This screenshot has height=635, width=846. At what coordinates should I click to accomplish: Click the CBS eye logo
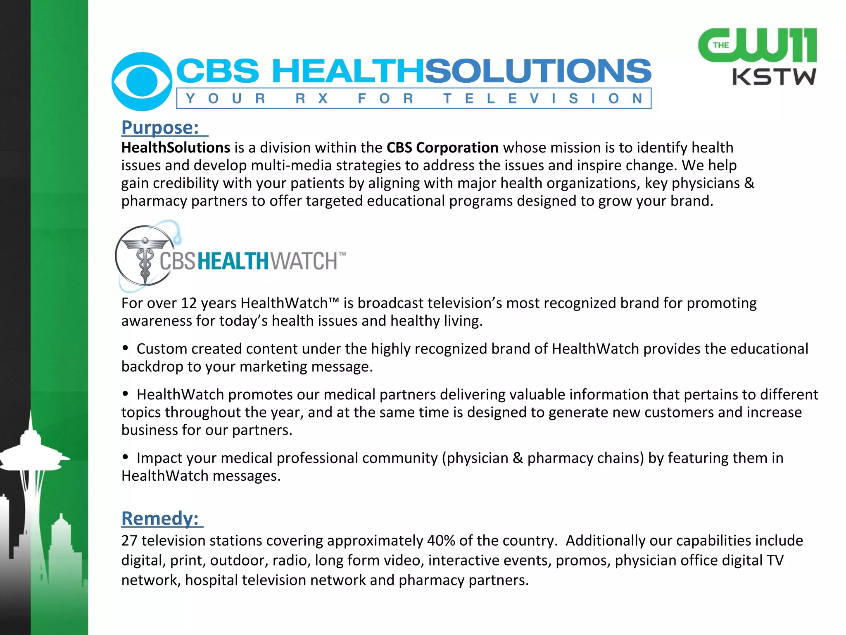click(142, 81)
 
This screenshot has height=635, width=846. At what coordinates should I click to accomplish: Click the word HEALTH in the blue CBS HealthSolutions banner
click(348, 71)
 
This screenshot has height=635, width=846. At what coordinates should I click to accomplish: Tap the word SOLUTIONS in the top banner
click(538, 71)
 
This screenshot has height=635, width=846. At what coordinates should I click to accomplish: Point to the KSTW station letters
click(774, 77)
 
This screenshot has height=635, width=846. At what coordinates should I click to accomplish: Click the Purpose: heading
click(160, 127)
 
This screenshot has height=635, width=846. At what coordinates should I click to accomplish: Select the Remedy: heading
click(160, 518)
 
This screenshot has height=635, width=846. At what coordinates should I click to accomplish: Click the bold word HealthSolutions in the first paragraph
click(176, 148)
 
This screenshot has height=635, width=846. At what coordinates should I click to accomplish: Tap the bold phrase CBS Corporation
click(442, 148)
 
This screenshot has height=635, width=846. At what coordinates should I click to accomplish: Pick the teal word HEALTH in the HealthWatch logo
click(233, 261)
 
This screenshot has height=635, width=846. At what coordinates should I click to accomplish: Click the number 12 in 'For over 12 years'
click(188, 303)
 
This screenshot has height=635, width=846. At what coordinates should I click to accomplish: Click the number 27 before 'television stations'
click(129, 541)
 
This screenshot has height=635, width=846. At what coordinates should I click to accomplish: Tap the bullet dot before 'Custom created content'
click(126, 348)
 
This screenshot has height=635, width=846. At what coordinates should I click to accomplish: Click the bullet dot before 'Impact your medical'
click(126, 457)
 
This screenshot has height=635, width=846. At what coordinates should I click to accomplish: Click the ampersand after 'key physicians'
click(749, 183)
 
